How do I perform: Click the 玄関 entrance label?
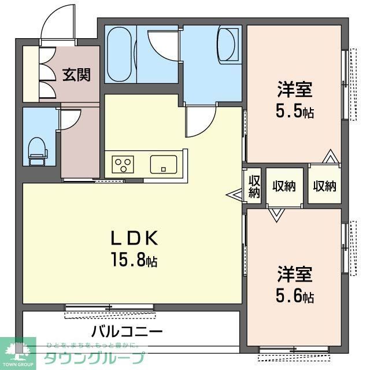77,75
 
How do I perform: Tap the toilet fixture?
38,150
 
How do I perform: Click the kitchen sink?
164,164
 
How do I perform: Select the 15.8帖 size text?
134,260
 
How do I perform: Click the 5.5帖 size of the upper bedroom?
295,111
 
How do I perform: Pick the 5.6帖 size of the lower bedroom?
295,297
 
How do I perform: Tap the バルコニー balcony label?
127,332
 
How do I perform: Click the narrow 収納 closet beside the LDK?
254,186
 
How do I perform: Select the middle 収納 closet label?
284,186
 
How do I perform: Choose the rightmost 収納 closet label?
324,186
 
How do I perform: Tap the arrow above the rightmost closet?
330,157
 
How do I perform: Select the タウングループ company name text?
95,357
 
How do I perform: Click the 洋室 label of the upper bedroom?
295,90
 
